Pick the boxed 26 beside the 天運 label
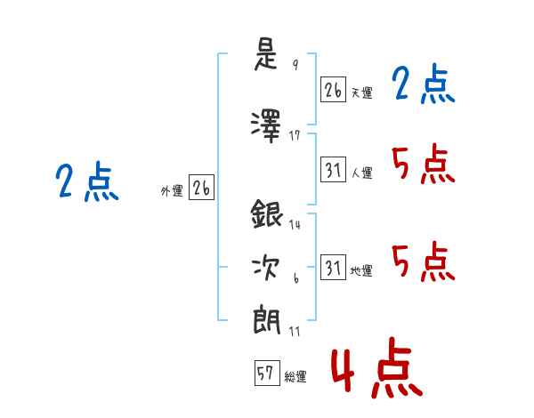point(333,91)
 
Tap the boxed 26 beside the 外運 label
point(202,189)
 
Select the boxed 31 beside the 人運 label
point(333,170)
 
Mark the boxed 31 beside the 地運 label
point(333,269)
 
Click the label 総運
point(296,377)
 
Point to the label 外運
point(171,190)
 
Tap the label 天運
point(362,92)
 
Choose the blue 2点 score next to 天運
point(424,85)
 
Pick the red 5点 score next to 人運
point(424,165)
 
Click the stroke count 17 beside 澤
point(296,136)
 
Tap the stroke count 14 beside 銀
point(295,224)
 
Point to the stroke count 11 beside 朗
point(295,331)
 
